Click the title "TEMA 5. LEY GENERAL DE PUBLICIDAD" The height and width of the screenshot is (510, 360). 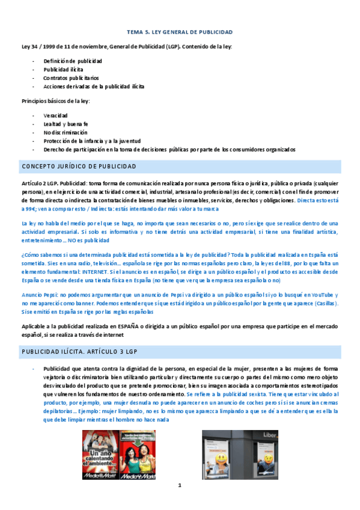coord(180,32)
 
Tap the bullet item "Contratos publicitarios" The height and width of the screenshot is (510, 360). coord(71,78)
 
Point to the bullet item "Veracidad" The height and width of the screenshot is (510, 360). coord(55,115)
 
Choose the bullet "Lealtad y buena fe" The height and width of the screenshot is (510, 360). coord(66,123)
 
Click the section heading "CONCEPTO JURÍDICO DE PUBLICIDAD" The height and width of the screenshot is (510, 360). coord(79,166)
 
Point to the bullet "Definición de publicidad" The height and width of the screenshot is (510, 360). coord(72,61)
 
